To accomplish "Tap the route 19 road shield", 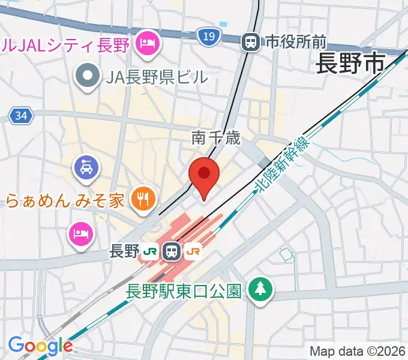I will tap(208, 37).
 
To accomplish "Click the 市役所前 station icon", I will tap(250, 41).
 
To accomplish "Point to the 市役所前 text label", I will tap(295, 41).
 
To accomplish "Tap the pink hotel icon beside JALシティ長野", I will tap(146, 42).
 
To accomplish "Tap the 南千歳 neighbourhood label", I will tap(216, 139).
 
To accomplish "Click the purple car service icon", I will tap(85, 166).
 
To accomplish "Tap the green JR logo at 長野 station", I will tap(150, 251).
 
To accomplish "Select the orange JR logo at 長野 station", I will tap(193, 251).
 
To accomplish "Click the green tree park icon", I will tap(260, 290).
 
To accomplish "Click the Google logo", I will tap(40, 345).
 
